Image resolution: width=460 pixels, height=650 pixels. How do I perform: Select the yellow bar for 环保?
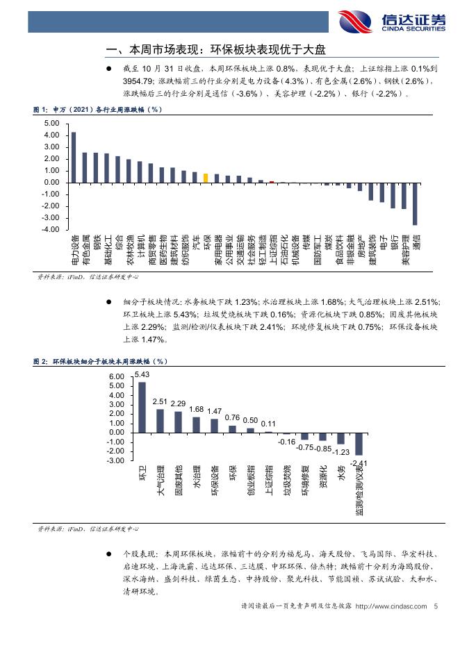[206, 178]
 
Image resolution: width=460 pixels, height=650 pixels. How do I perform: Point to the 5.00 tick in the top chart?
[51, 124]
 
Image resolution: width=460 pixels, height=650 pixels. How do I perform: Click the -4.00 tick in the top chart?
[50, 229]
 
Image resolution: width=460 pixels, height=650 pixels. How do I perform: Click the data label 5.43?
[142, 375]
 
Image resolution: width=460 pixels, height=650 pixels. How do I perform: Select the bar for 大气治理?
[160, 421]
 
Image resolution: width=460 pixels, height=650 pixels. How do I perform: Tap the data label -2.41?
[359, 462]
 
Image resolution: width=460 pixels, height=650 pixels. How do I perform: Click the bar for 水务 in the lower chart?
[340, 438]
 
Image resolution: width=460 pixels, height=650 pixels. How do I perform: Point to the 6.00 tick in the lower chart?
[116, 376]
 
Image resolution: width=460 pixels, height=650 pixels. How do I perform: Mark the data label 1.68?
[196, 410]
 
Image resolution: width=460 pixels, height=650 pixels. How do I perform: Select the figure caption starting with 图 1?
[97, 110]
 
